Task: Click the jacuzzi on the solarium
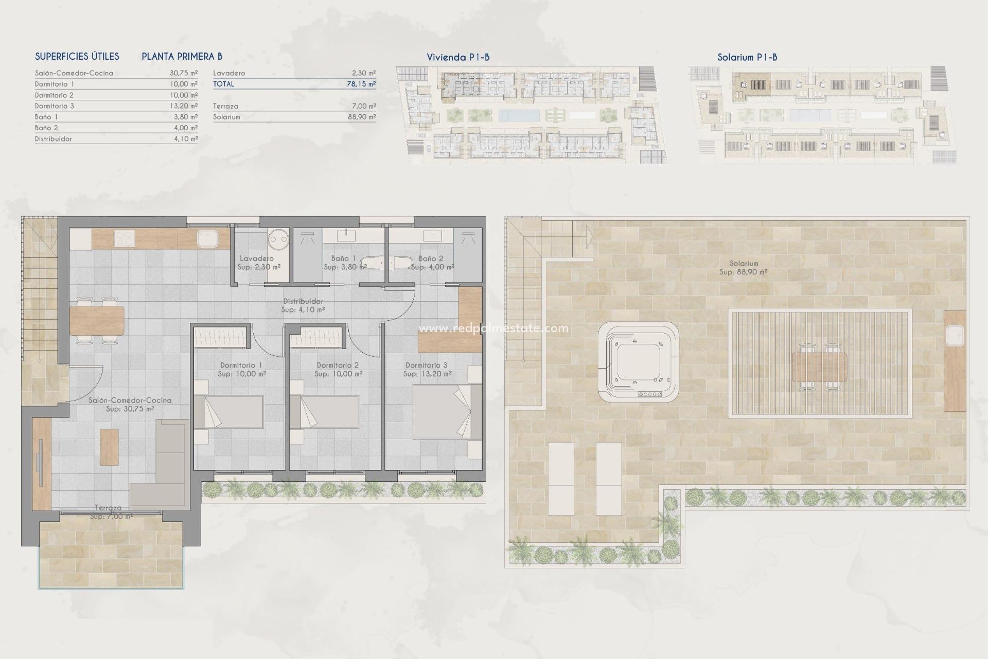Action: click(x=638, y=362)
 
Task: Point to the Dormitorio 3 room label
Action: click(x=427, y=365)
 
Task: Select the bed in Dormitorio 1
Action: click(x=234, y=411)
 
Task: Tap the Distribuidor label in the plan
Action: click(x=303, y=301)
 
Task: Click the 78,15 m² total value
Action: click(x=361, y=84)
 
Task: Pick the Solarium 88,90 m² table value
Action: click(x=361, y=117)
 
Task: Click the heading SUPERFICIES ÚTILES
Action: click(x=77, y=57)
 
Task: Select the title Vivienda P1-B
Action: click(x=457, y=57)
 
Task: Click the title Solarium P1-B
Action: click(x=747, y=57)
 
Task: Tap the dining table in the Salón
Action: click(x=97, y=320)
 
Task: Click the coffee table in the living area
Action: click(x=109, y=447)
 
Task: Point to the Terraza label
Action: click(x=108, y=508)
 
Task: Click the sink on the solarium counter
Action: click(x=955, y=337)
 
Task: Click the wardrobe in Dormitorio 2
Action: click(x=317, y=339)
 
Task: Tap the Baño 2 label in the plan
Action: click(x=431, y=258)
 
